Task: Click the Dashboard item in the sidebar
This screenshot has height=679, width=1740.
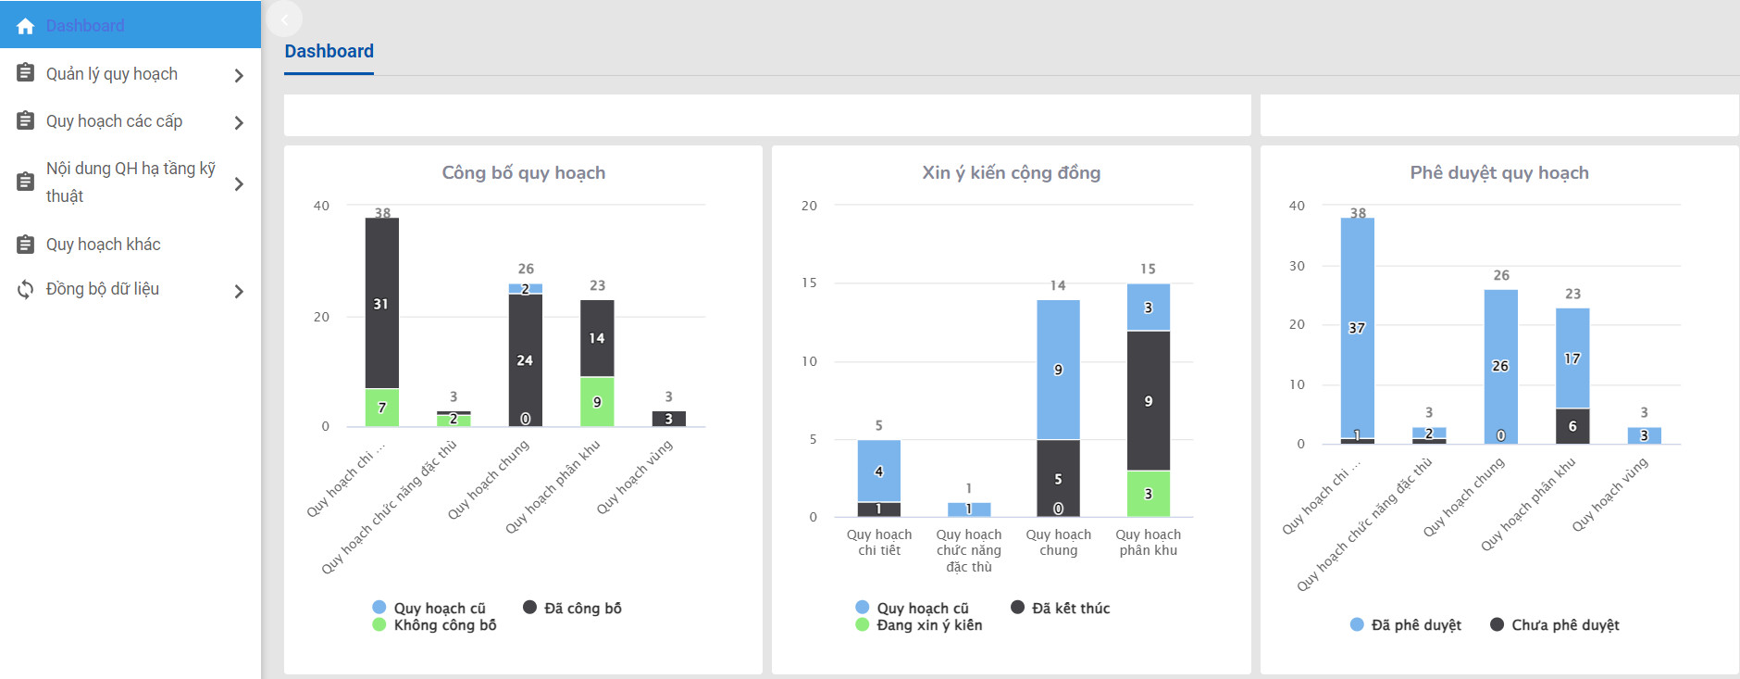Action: [84, 26]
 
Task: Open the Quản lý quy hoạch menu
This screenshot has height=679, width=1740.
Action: [111, 74]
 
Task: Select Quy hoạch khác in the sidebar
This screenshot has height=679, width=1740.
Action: [103, 245]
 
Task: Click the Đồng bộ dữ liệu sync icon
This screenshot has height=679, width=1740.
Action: [26, 289]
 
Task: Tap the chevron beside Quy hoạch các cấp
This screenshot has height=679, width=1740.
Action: [239, 122]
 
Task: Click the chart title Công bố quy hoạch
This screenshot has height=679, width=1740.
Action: [523, 173]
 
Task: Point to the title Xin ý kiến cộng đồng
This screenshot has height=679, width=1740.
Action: [1011, 173]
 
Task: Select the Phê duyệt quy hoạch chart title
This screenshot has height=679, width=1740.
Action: [1498, 173]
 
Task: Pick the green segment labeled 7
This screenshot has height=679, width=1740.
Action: [381, 408]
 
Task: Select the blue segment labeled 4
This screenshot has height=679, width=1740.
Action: [878, 471]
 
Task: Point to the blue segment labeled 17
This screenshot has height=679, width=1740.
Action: [1572, 358]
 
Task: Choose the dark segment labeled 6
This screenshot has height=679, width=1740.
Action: [1572, 426]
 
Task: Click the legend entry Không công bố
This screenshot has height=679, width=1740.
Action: [444, 625]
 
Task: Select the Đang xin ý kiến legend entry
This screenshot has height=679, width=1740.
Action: [928, 625]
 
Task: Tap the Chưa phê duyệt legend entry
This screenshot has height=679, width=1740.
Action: [1564, 625]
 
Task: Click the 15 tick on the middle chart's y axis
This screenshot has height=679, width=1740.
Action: [809, 283]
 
